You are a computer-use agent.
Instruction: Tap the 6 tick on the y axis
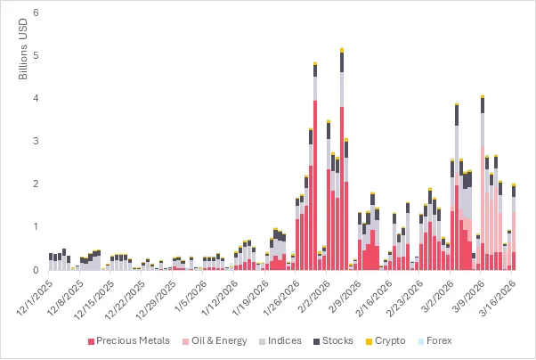coord(35,13)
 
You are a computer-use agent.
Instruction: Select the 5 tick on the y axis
coord(35,56)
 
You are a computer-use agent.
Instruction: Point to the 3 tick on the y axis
coord(35,142)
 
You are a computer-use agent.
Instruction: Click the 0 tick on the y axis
coord(35,270)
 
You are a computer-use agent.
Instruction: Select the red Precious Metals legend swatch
coord(92,341)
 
